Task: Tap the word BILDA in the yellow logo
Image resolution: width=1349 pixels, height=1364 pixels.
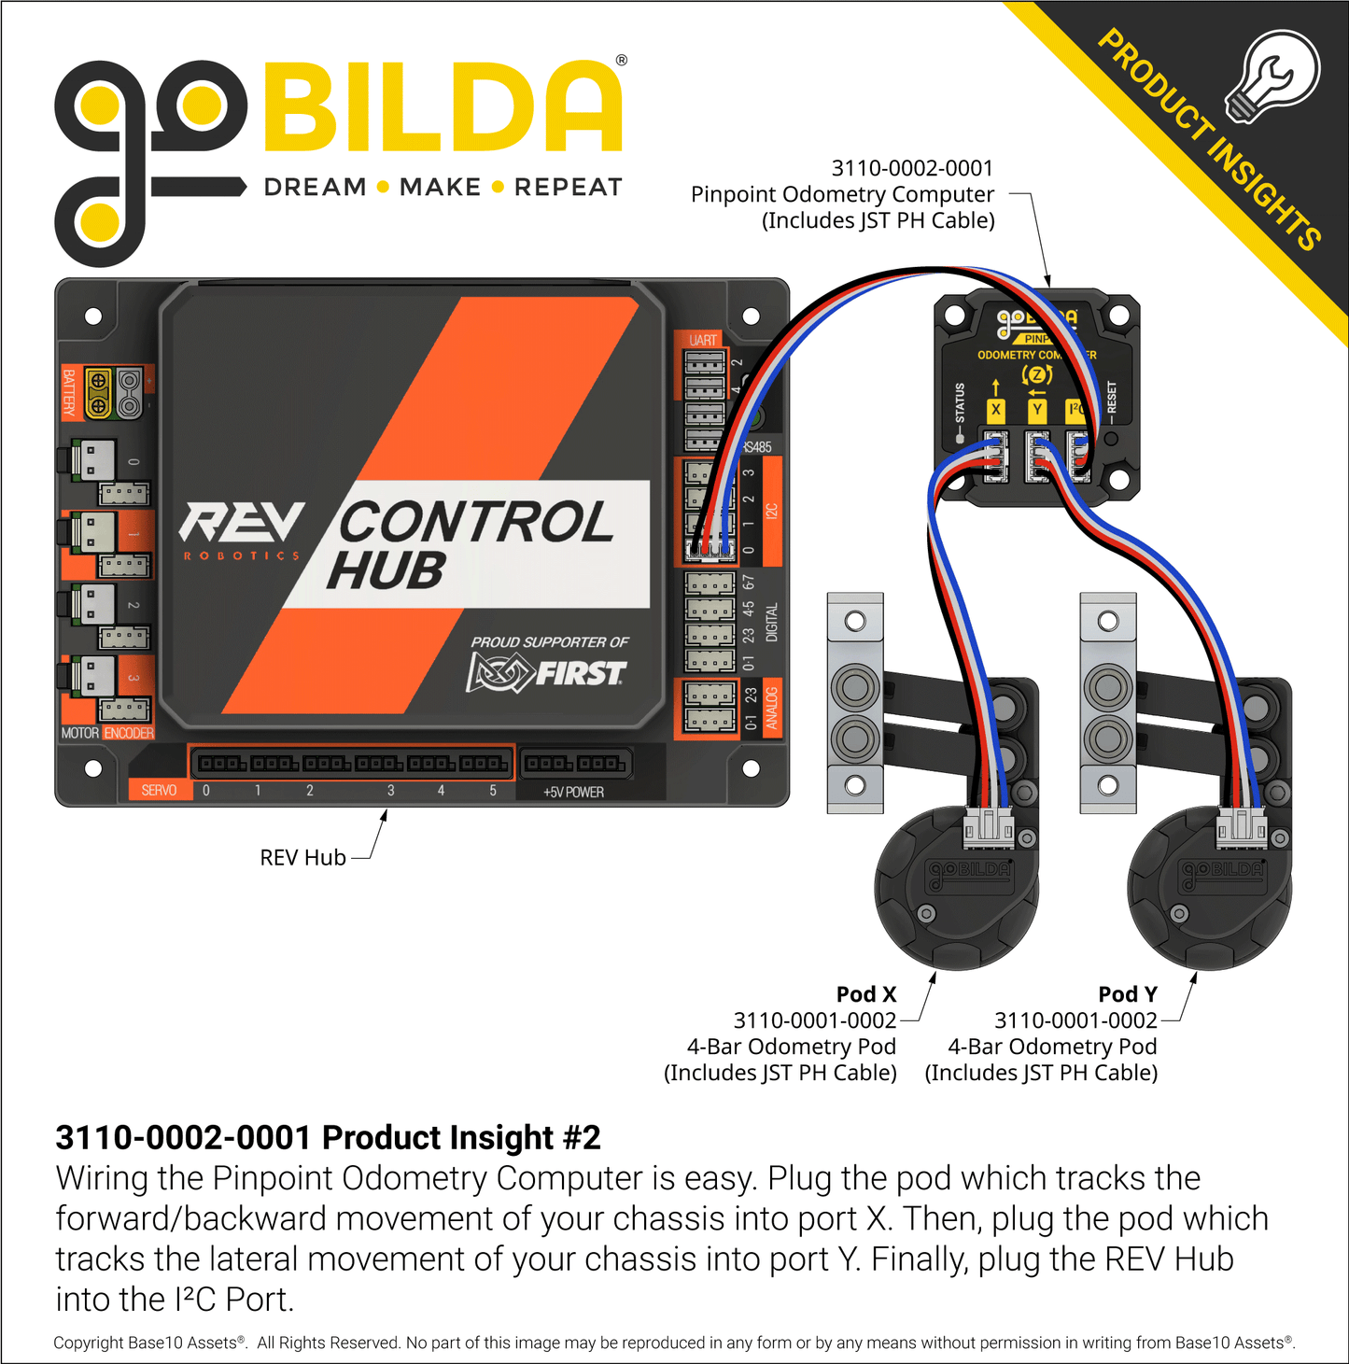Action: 443,107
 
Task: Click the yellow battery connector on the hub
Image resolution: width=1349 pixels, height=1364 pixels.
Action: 98,393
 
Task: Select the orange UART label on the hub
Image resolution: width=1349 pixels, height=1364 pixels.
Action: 703,340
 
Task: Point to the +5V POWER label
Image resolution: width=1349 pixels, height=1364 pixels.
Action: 573,792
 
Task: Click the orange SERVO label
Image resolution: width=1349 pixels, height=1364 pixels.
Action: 159,791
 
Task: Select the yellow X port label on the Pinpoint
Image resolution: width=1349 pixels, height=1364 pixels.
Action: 996,409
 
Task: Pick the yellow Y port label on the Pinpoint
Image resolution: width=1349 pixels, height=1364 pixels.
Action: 1036,409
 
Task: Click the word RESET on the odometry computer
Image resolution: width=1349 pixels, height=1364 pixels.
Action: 1111,398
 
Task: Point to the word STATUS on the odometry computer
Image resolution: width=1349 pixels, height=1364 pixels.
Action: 960,403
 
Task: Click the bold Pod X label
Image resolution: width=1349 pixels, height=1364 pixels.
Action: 865,994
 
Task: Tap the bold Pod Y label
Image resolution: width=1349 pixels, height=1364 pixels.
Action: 1127,994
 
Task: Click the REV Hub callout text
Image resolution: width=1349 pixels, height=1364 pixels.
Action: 302,858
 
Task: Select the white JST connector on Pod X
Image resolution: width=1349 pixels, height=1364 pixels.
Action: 988,826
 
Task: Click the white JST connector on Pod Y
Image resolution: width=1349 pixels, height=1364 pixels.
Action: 1242,826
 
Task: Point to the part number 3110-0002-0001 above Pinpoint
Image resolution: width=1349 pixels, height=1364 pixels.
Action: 912,168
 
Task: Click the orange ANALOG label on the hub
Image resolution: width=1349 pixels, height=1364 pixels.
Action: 772,708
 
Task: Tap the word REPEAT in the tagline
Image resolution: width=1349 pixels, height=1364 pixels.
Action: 568,188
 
